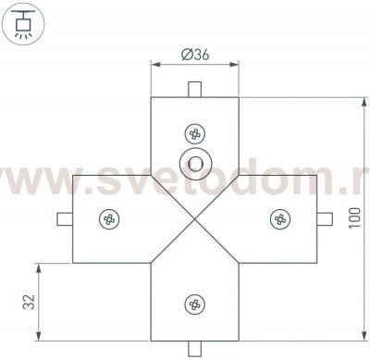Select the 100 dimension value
click(355, 219)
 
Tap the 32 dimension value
click(29, 303)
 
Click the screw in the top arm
click(195, 133)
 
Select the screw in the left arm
click(108, 218)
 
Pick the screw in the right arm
click(279, 218)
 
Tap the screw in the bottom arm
click(194, 304)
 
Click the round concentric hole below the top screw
click(194, 163)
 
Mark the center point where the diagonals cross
click(194, 218)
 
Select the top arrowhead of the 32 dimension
click(40, 266)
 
